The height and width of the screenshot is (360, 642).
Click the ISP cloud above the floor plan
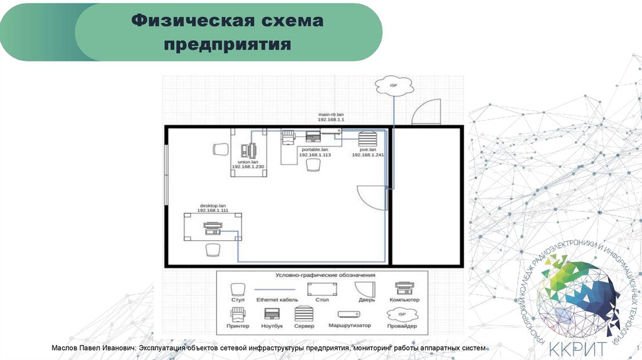tap(394, 85)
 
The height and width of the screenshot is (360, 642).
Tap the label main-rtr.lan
tap(331, 114)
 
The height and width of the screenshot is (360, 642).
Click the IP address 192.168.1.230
tap(248, 166)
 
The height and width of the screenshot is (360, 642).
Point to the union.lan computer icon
tap(248, 151)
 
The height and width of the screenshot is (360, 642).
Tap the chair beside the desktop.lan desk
tap(213, 250)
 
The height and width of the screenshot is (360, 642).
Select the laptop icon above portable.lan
tap(312, 137)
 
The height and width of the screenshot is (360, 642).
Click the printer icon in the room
tap(288, 137)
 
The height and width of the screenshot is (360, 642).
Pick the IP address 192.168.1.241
tap(367, 154)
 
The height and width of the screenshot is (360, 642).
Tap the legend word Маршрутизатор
tap(349, 326)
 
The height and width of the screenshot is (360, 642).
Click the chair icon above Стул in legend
tap(237, 289)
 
